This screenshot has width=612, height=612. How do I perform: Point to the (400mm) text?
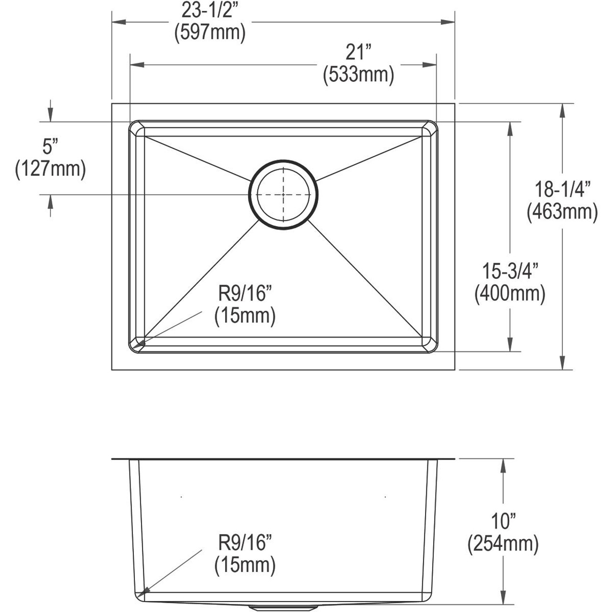(510, 293)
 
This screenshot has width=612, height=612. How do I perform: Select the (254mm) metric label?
(503, 544)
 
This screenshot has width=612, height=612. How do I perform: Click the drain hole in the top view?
(283, 195)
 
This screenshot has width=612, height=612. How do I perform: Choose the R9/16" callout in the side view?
(245, 544)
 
